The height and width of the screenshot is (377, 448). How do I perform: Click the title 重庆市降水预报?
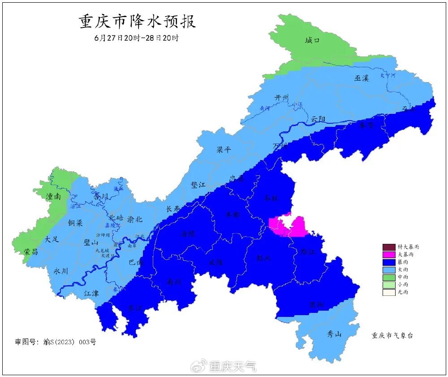coord(138,22)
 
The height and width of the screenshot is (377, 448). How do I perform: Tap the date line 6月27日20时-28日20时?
coord(136,38)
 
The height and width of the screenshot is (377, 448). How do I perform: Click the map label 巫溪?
coord(362,78)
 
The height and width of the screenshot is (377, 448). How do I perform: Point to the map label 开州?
coord(282,98)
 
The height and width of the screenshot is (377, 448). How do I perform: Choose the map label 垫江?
coord(198,184)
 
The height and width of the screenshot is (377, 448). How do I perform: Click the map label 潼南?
coord(53,196)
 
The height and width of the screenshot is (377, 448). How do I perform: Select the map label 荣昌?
coord(31,252)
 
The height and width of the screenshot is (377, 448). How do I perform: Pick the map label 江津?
coord(91,293)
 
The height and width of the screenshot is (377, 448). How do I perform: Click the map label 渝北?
coord(135,219)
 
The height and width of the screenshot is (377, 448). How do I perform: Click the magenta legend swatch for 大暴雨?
coord(389,255)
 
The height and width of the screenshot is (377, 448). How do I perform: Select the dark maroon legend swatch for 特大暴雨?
coord(389,247)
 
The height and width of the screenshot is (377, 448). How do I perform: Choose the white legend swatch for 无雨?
coord(389,292)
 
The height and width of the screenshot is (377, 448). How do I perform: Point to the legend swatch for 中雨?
coord(389,277)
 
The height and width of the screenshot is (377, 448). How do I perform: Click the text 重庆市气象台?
coord(394,335)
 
